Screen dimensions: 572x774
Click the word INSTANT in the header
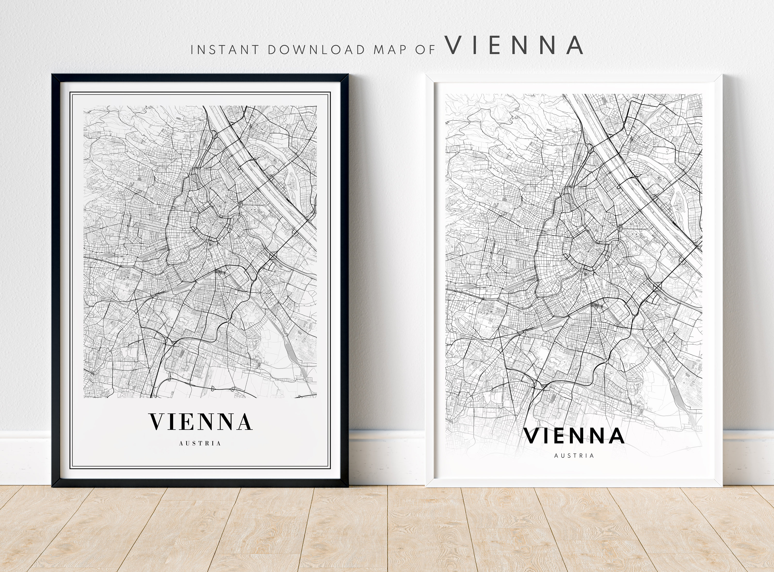tap(224, 50)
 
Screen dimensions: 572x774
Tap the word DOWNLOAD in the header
tap(317, 50)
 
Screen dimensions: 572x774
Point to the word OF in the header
tap(425, 50)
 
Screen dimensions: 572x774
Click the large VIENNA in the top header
tap(514, 45)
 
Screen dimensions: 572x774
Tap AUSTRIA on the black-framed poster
tap(200, 443)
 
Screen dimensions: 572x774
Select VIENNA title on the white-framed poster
tap(574, 436)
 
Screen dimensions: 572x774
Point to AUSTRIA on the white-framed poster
tap(574, 456)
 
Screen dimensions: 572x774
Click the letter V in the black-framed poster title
tap(157, 421)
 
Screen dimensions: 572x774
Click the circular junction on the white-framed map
tap(620, 228)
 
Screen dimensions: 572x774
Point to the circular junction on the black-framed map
tap(240, 204)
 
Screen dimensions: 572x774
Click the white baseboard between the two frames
tap(386, 457)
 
